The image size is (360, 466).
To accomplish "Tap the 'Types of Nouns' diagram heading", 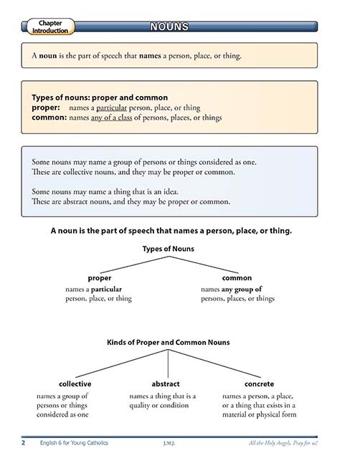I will pos(169,249).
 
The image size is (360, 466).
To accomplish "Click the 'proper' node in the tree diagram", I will pos(99,277).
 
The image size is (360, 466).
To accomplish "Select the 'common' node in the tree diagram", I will pos(237,277).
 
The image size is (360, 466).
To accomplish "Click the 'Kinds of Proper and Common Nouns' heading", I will pos(169,343).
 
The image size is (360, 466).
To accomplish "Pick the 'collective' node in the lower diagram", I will pos(75,384).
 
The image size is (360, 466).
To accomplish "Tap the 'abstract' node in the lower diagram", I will pos(166,384).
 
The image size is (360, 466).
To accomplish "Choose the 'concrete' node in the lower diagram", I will pos(259,384).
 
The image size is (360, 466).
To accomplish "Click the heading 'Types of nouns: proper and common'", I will pos(100,97).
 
